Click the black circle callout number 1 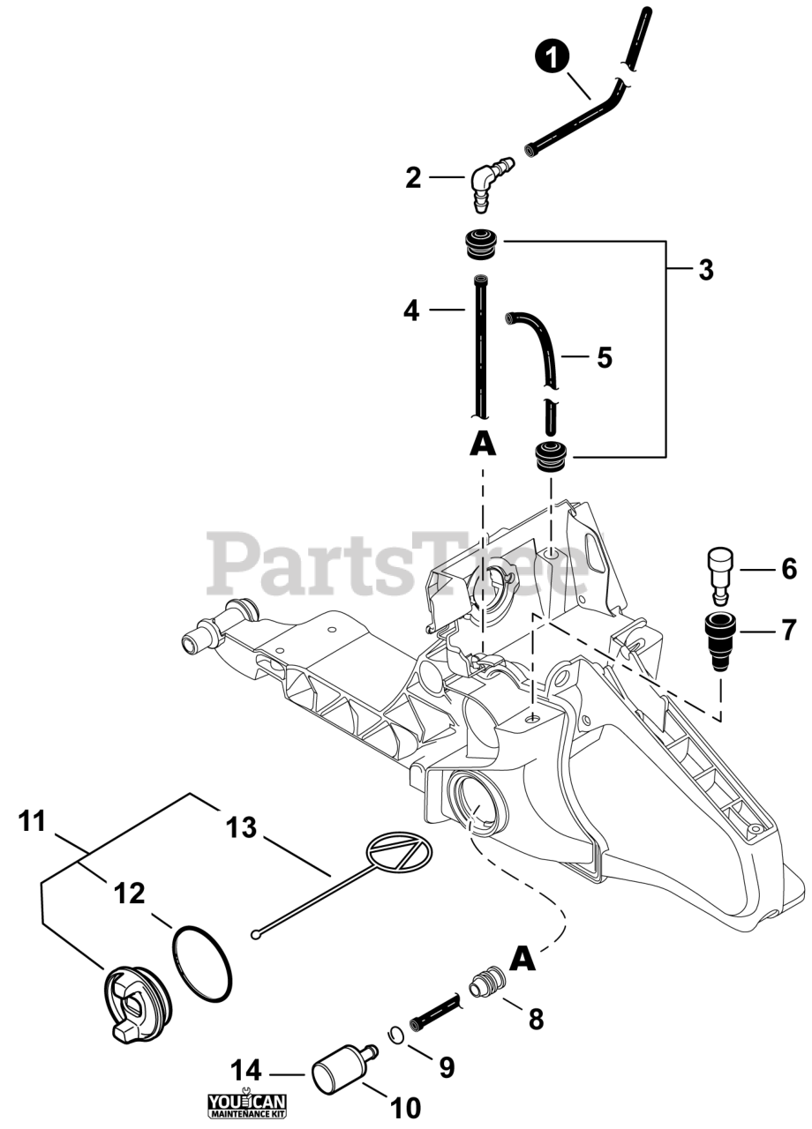click(552, 58)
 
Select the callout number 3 click(705, 270)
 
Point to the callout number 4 click(411, 310)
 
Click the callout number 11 click(32, 821)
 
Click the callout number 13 click(241, 827)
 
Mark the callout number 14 click(246, 1071)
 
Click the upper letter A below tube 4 click(482, 444)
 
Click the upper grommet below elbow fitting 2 click(482, 243)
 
